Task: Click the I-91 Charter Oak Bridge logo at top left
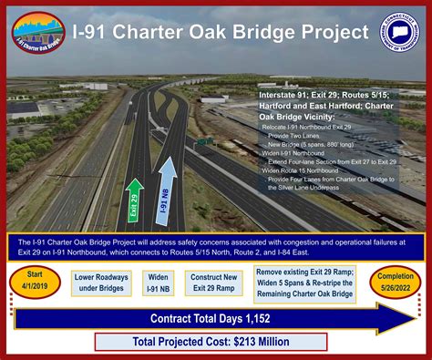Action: coord(37,33)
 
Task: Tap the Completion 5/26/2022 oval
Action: coord(398,280)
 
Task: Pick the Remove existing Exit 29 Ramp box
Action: coord(306,280)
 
